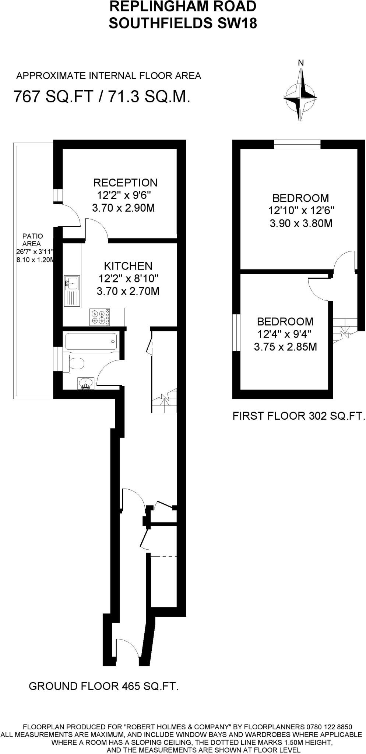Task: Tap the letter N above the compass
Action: click(301, 63)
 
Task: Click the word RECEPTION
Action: click(125, 183)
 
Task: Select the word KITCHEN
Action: click(128, 266)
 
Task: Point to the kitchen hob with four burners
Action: click(99, 317)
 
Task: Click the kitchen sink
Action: click(72, 283)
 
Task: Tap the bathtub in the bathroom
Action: click(91, 342)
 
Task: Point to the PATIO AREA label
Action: click(32, 240)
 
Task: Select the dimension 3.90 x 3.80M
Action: click(301, 223)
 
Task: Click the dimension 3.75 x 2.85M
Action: click(285, 347)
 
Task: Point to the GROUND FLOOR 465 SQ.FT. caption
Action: click(103, 686)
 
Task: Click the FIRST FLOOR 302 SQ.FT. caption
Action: click(299, 416)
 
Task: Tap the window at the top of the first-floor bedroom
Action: click(297, 144)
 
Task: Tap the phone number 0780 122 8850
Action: click(329, 727)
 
